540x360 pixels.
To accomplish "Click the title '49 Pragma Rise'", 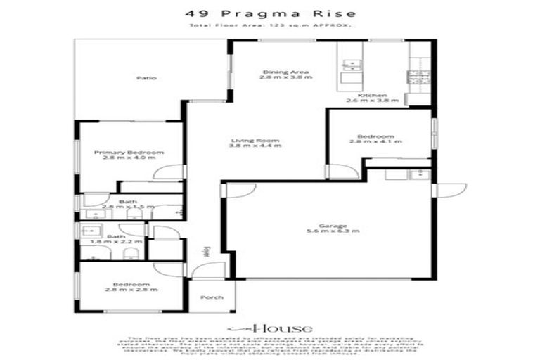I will click(x=270, y=13).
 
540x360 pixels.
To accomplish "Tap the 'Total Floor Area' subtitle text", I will click(x=270, y=25).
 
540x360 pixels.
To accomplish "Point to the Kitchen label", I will click(x=372, y=95).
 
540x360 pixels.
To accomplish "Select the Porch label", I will click(x=212, y=297).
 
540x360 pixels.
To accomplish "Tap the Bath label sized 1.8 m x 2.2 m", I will click(x=117, y=236).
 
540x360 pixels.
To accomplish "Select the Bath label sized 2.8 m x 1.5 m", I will click(x=127, y=202).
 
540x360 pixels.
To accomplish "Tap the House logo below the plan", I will click(x=270, y=328).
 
